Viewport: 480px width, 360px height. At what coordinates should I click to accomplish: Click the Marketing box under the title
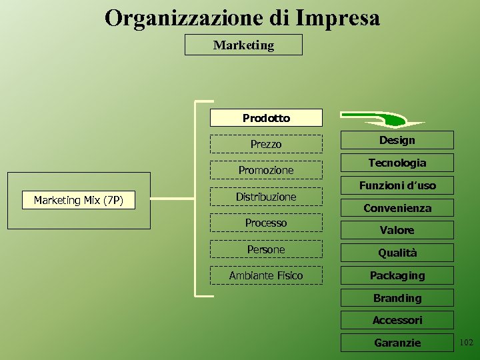click(x=243, y=45)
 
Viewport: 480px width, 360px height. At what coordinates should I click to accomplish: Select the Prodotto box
click(x=266, y=118)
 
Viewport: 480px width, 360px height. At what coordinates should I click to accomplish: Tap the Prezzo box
click(x=266, y=144)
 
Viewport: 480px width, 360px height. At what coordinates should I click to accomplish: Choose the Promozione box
click(x=266, y=171)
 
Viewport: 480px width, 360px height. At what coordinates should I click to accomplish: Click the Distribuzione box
click(x=266, y=197)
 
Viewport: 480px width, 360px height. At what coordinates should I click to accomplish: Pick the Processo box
click(x=266, y=223)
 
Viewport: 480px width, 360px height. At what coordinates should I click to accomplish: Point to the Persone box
click(x=266, y=249)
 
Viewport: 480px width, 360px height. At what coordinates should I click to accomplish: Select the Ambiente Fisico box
click(x=266, y=275)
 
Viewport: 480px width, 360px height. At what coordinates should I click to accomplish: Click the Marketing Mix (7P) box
click(x=79, y=200)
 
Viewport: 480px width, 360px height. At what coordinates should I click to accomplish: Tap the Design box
click(x=397, y=140)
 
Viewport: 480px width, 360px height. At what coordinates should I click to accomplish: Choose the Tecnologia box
click(x=397, y=163)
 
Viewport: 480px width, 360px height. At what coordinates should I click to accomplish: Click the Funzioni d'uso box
click(x=397, y=185)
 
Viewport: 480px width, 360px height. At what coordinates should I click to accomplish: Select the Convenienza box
click(x=397, y=208)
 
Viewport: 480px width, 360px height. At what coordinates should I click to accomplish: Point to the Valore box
click(x=397, y=230)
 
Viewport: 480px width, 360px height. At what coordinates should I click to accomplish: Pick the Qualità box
click(x=397, y=253)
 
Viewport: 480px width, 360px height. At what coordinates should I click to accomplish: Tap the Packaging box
click(x=397, y=275)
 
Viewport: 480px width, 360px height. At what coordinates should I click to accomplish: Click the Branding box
click(x=397, y=298)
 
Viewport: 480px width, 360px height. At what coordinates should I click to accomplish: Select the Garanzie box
click(x=397, y=343)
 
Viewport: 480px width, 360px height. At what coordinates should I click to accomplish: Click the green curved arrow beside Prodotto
click(x=384, y=120)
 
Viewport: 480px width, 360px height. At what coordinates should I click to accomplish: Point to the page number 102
click(x=466, y=343)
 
